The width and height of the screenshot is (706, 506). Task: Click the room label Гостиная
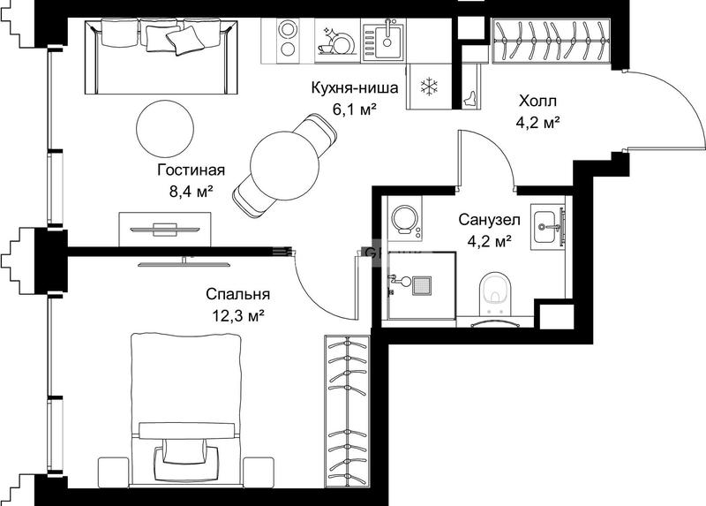191,170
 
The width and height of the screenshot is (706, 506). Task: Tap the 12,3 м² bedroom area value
238,316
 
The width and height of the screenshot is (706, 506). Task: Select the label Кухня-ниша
355,87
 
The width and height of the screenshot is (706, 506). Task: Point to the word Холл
537,101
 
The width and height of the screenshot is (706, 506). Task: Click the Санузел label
490,220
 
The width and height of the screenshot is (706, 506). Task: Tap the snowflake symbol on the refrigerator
429,86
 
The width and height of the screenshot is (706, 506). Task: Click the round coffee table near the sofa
165,128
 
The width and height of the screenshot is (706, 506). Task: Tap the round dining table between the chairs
284,166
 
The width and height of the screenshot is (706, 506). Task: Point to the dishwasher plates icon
337,41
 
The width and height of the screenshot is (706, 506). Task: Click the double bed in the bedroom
185,409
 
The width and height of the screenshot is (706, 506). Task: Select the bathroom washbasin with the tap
547,227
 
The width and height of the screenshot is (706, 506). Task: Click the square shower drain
422,286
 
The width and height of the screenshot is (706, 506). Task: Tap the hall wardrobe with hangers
552,41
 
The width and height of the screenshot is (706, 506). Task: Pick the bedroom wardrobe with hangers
348,411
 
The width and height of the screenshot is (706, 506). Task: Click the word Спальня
237,294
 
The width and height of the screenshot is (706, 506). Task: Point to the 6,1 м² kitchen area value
355,109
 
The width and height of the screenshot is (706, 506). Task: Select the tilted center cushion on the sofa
183,41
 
